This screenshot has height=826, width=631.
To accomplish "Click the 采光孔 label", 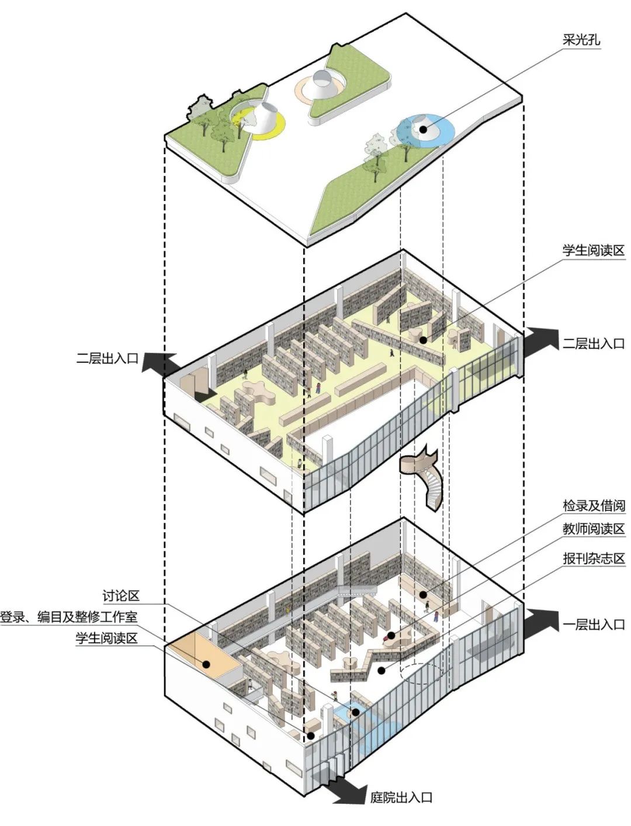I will pos(581,40).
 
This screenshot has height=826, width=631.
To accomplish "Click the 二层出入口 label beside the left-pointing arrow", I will pos(106,359).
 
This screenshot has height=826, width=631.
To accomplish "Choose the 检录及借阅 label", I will pos(593,506).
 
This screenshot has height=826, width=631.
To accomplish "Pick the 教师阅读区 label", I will pos(593,529).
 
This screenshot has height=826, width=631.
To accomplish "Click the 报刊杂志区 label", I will pos(593,558).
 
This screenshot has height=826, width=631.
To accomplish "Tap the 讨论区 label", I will pos(121,596).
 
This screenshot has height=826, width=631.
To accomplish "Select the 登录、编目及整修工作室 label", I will pos(69,617).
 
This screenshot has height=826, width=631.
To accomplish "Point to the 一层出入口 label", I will pos(593,625).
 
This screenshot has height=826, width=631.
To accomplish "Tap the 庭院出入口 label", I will pos(401,797).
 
